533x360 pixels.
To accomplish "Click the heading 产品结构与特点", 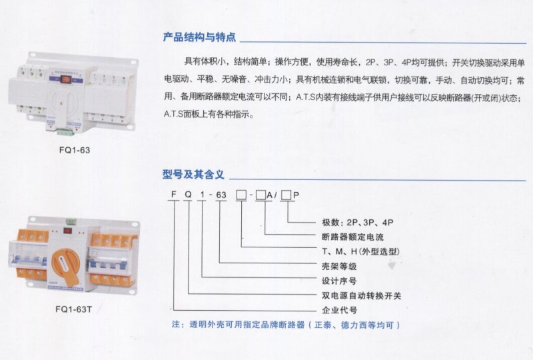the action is click(x=199, y=37).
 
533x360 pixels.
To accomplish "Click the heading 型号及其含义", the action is click(x=193, y=174).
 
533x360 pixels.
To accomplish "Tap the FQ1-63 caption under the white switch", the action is click(x=75, y=150).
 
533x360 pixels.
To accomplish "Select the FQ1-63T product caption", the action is click(x=73, y=309).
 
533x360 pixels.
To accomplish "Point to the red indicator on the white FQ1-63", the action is click(x=65, y=80).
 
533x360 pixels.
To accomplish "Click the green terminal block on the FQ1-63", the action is click(x=65, y=132).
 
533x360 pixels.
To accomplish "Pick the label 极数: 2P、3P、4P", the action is click(x=358, y=223).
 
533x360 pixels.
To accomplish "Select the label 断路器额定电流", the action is click(x=352, y=237).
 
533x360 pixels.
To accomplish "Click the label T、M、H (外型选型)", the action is click(x=360, y=251).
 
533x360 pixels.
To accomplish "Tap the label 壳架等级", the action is click(x=339, y=266).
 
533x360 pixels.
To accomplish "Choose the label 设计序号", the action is click(x=339, y=281).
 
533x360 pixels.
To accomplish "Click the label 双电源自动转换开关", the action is click(x=361, y=295).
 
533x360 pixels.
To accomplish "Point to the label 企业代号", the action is click(x=339, y=310).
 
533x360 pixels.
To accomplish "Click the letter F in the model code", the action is click(x=174, y=194).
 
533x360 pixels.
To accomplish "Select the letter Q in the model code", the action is click(x=188, y=194).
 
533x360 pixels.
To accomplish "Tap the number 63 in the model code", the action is click(x=221, y=195).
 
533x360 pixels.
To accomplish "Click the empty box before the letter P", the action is click(x=286, y=195).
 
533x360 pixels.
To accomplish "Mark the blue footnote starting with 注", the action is click(x=286, y=325).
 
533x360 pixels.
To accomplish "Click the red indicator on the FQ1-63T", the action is click(x=68, y=231).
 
